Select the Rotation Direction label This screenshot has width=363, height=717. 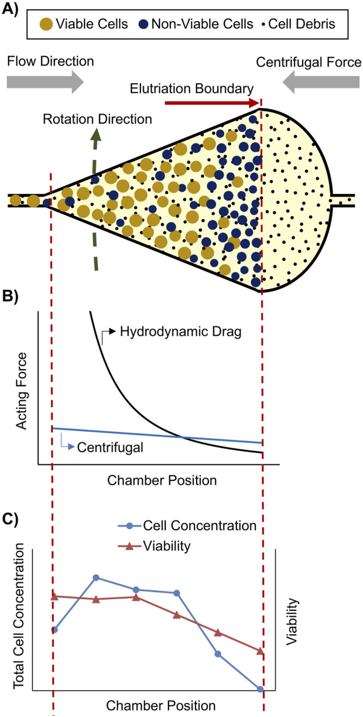97,119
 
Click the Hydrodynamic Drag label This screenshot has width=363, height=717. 173,331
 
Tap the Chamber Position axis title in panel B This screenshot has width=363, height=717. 163,480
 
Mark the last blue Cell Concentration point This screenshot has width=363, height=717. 261,689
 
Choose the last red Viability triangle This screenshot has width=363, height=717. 261,651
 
